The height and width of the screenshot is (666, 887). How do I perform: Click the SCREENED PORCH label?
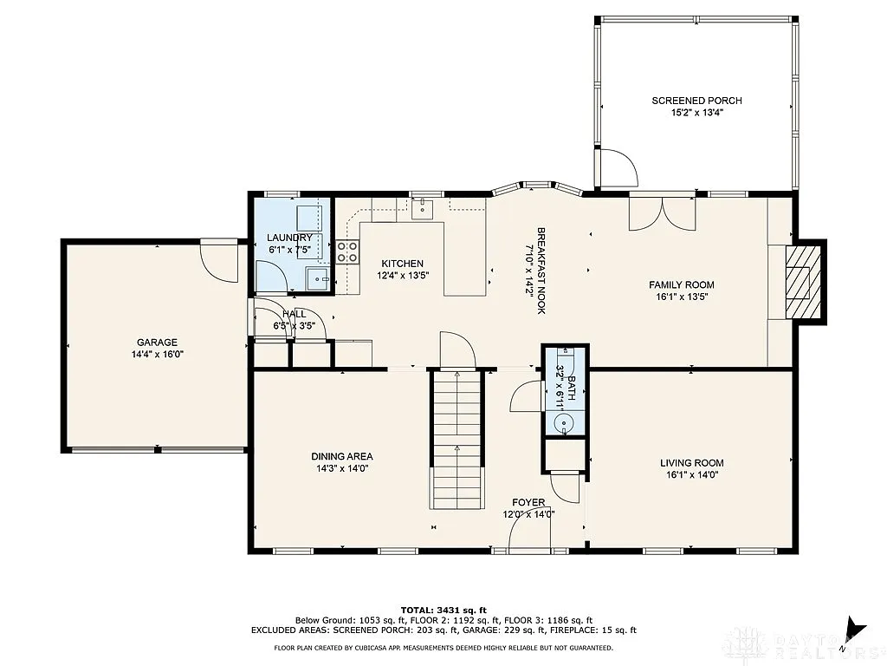pyautogui.click(x=696, y=101)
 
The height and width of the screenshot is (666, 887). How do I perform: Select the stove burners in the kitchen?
pyautogui.click(x=348, y=251)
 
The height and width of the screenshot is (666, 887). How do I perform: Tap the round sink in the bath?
pyautogui.click(x=564, y=423)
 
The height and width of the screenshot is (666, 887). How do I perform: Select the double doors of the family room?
pyautogui.click(x=663, y=212)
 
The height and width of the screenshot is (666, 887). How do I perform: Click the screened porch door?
pyautogui.click(x=617, y=167)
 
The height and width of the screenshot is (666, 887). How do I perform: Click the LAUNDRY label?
pyautogui.click(x=289, y=238)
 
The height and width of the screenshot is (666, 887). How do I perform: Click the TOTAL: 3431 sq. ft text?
pyautogui.click(x=443, y=610)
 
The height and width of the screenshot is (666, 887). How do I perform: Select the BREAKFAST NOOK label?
pyautogui.click(x=541, y=271)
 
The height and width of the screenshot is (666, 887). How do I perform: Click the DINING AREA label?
pyautogui.click(x=342, y=456)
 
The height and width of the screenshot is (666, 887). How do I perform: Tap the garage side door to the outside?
pyautogui.click(x=217, y=258)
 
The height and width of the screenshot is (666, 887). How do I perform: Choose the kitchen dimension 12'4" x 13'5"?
pyautogui.click(x=403, y=275)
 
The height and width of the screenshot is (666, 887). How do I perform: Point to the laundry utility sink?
pyautogui.click(x=318, y=278)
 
